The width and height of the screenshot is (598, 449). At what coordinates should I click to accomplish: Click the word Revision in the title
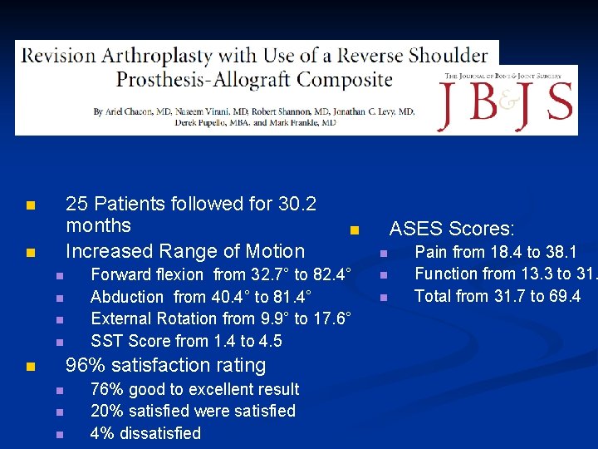pyautogui.click(x=56, y=57)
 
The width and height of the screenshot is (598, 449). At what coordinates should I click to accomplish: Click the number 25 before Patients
pyautogui.click(x=77, y=204)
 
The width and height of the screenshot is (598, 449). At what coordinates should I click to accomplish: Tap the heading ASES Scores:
pyautogui.click(x=452, y=229)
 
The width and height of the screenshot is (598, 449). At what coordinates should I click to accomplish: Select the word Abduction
pyautogui.click(x=127, y=297)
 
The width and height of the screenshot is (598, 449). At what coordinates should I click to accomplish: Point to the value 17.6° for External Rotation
pyautogui.click(x=331, y=318)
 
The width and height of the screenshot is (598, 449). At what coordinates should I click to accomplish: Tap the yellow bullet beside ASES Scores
pyautogui.click(x=353, y=229)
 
